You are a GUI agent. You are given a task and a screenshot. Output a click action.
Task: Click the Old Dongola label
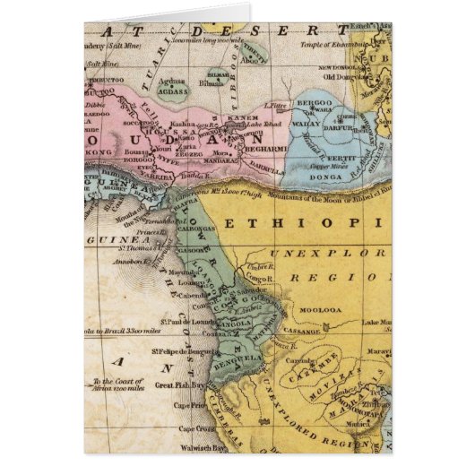(x=366, y=75)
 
